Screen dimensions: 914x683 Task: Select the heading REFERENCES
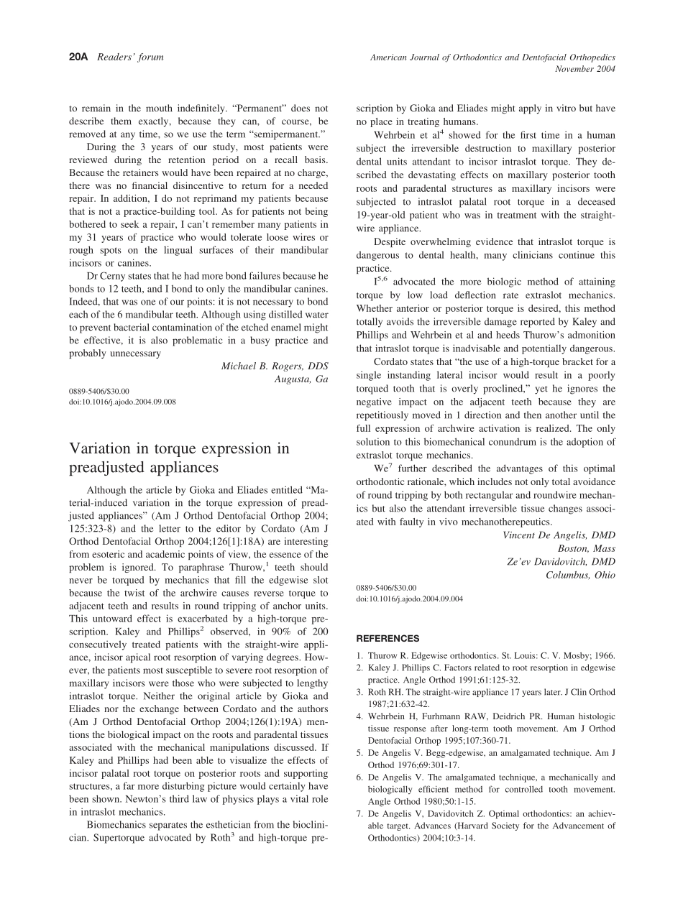(x=388, y=638)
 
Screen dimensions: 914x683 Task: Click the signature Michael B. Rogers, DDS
(x=275, y=366)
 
